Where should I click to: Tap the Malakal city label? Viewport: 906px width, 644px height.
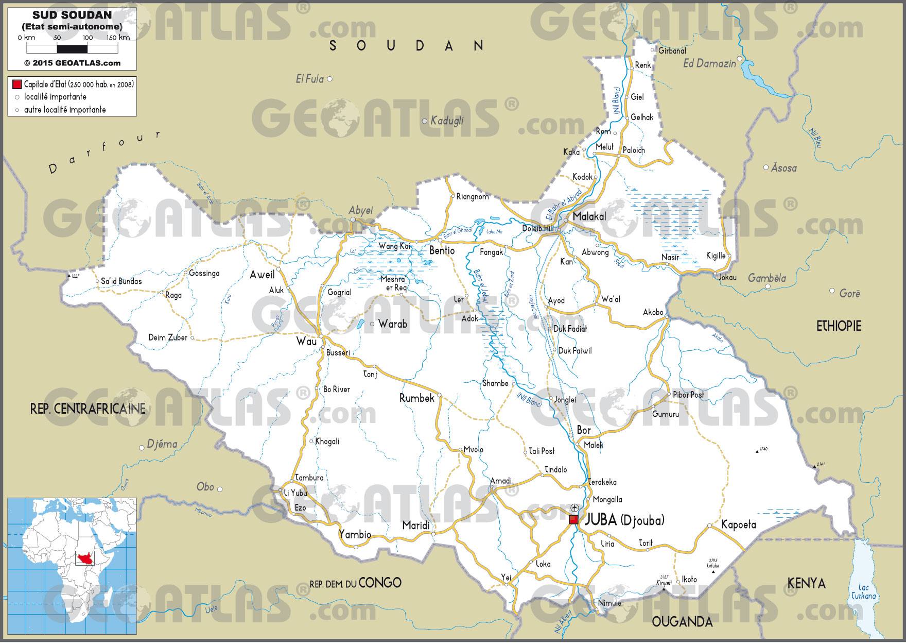589,216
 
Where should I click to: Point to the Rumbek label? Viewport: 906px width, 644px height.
417,398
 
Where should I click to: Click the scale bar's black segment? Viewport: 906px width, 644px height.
72,49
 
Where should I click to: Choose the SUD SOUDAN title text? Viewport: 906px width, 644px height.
72,16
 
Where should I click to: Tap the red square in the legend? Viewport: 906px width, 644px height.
17,84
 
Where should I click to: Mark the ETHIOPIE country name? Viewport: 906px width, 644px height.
839,326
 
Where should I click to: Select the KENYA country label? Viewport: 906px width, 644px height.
807,583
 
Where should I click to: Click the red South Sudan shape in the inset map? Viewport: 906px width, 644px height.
82,558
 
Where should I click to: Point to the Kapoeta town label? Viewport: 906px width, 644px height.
738,524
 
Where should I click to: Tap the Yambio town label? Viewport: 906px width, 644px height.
355,534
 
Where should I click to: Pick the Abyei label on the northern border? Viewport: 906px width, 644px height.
360,210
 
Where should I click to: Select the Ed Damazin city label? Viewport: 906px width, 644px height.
709,63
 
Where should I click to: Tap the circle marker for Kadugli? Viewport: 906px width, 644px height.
425,122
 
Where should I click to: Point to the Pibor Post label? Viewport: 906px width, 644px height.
688,395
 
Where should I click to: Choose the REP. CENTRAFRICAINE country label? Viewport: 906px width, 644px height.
88,409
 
